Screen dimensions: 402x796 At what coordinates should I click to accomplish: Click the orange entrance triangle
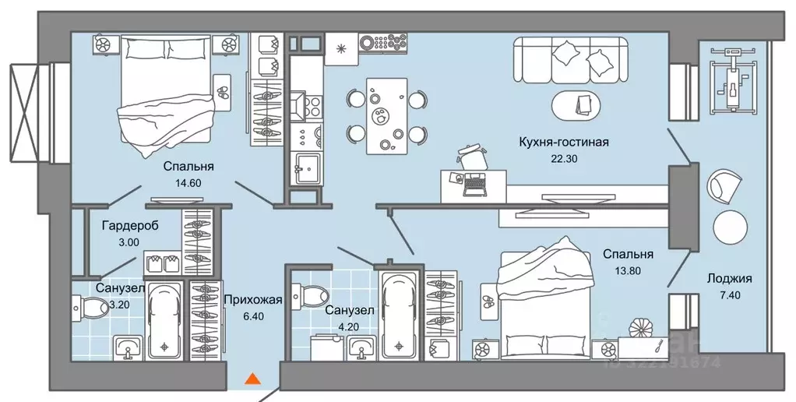click(x=252, y=379)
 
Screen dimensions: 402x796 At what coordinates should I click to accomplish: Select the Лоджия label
click(x=729, y=278)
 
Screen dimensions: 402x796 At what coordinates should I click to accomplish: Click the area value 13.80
click(x=627, y=270)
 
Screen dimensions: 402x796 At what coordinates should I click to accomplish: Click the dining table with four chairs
click(x=386, y=116)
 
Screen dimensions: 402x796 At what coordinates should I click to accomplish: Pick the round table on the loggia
click(x=731, y=227)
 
